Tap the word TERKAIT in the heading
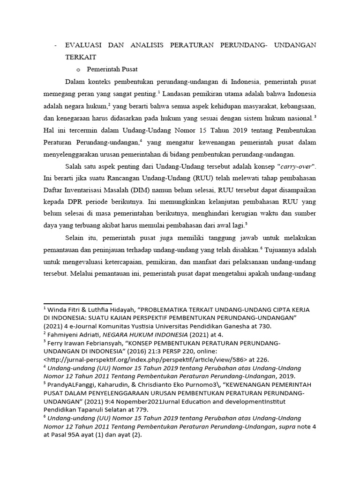point(81,57)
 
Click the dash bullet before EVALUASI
point(56,45)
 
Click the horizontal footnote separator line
point(77,304)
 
